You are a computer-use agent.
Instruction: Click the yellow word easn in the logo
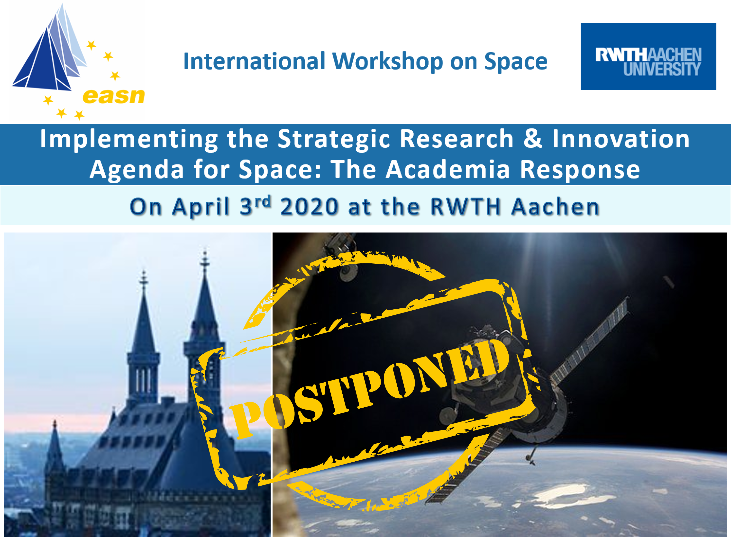pyautogui.click(x=113, y=96)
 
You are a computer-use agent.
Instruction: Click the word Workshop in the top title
pyautogui.click(x=388, y=62)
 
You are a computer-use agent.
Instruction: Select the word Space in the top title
pyautogui.click(x=516, y=62)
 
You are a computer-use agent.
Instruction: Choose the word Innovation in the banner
pyautogui.click(x=621, y=139)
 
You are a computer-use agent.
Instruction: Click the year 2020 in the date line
pyautogui.click(x=309, y=207)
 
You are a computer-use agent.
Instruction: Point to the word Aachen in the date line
pyautogui.click(x=555, y=207)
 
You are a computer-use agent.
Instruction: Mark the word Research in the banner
pyautogui.click(x=457, y=139)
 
